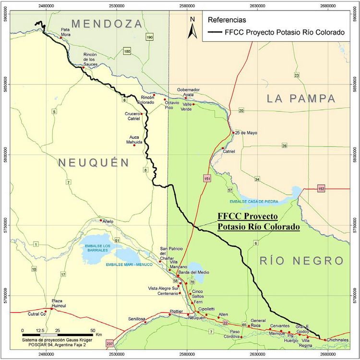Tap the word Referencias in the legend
pos(227,21)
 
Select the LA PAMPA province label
pos(300,99)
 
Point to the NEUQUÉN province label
pos(94,163)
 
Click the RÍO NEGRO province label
pos(302,261)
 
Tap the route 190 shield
pos(150,37)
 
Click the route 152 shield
pos(321,189)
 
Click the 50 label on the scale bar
pos(93,331)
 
